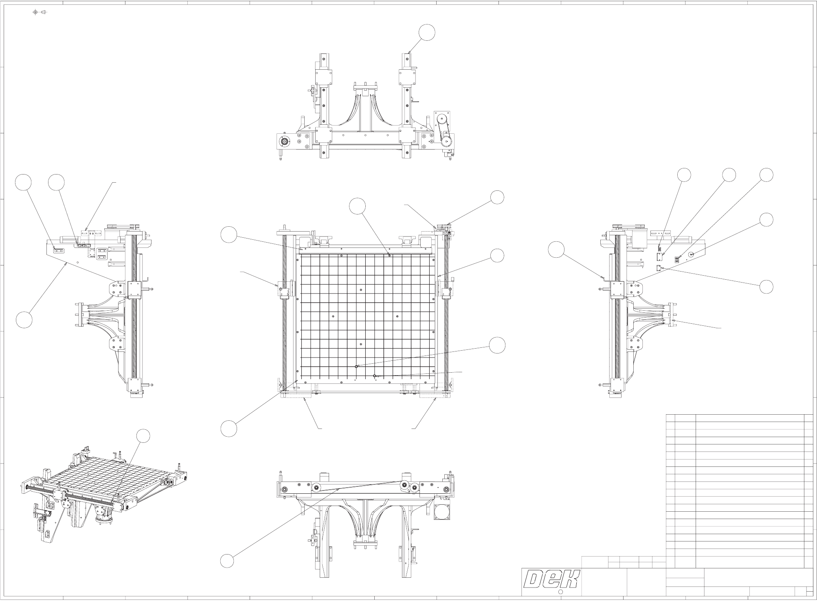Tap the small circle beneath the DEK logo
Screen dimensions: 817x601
point(560,592)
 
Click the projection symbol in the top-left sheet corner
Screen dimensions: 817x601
point(40,12)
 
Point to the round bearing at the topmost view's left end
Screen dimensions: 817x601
point(284,141)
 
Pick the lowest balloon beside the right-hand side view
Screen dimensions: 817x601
point(766,286)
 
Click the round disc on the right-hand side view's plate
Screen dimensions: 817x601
point(692,254)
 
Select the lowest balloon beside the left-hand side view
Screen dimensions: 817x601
point(24,320)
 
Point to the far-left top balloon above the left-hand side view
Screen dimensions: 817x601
point(24,182)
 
